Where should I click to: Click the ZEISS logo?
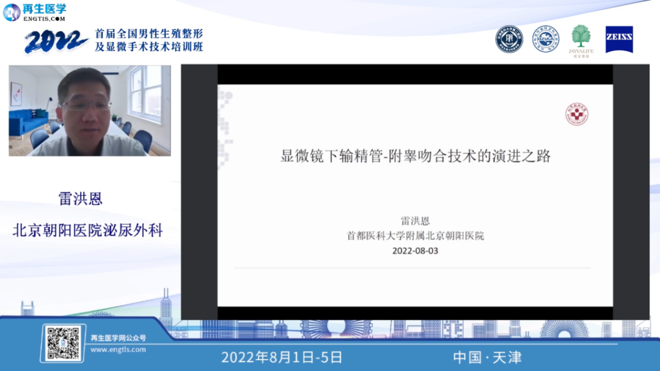tap(619, 39)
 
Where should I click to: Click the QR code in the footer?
tap(64, 342)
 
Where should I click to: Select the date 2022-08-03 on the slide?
tap(415, 250)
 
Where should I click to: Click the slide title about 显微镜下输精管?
tap(415, 156)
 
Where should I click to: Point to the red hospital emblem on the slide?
tap(576, 114)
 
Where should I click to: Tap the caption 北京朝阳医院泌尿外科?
tap(89, 230)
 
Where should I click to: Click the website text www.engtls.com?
tap(118, 350)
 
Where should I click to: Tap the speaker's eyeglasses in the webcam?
tap(86, 105)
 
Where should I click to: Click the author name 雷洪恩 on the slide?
tap(415, 221)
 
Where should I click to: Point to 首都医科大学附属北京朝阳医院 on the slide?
tap(415, 236)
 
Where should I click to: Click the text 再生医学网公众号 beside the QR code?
tap(118, 337)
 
